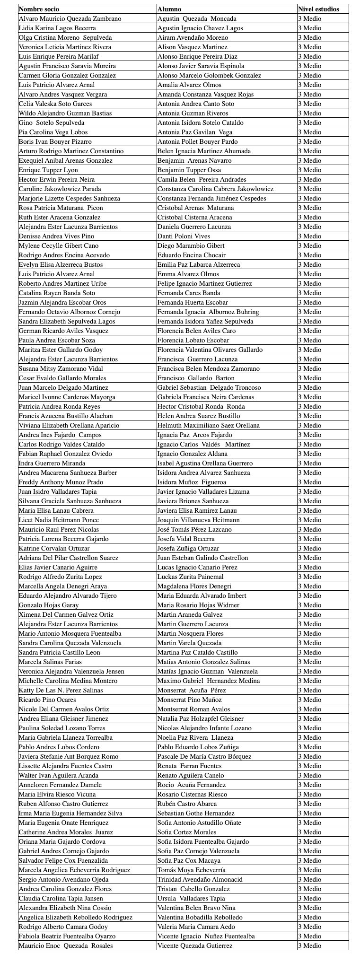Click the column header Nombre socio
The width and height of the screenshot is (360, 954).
(39, 9)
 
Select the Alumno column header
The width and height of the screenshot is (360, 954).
(169, 9)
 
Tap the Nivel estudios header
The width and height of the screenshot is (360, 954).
(318, 9)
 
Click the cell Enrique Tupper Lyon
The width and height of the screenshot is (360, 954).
(48, 170)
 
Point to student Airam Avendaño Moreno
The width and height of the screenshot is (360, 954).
(193, 37)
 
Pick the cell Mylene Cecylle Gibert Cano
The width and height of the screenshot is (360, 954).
(59, 245)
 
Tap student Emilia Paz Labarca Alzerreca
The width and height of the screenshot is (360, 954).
(199, 264)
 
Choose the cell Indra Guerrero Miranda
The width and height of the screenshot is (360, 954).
(52, 463)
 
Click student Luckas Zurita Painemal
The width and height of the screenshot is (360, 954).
(191, 577)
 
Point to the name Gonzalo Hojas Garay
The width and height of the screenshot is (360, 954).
(49, 605)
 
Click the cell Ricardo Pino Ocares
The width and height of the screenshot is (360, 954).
(47, 700)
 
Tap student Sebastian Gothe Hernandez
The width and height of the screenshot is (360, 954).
(196, 813)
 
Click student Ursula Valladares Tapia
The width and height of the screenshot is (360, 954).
(191, 898)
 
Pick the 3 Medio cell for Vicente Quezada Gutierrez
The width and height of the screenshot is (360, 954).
(309, 945)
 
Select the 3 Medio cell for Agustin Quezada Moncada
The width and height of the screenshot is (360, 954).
(309, 18)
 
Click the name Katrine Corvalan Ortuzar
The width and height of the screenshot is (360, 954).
(54, 548)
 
